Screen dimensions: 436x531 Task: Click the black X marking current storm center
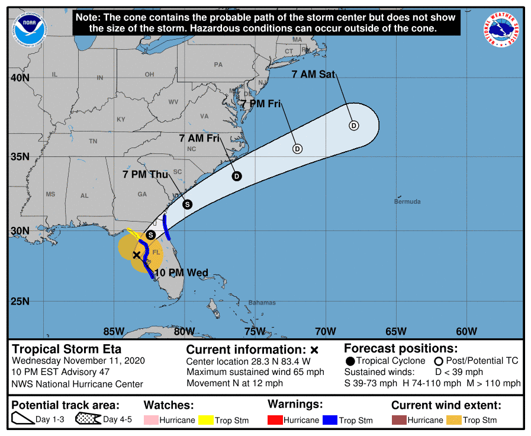click(137, 255)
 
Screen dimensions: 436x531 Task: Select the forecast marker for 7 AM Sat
click(353, 125)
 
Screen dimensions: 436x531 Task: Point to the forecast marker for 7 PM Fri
click(297, 149)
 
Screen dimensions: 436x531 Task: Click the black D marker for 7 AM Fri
click(237, 176)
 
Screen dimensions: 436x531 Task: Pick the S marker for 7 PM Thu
click(187, 204)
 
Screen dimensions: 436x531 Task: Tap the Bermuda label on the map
click(407, 202)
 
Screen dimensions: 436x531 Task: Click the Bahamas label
click(262, 303)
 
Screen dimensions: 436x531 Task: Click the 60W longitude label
click(466, 331)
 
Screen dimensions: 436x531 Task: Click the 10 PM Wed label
click(181, 273)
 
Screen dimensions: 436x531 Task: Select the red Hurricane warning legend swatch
click(275, 420)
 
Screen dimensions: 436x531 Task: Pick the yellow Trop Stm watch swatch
click(206, 420)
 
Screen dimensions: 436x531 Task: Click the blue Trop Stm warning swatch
click(330, 420)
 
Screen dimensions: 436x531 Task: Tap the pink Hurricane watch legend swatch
click(152, 420)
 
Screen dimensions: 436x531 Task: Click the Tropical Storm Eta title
click(67, 349)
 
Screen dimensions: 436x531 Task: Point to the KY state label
click(121, 120)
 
